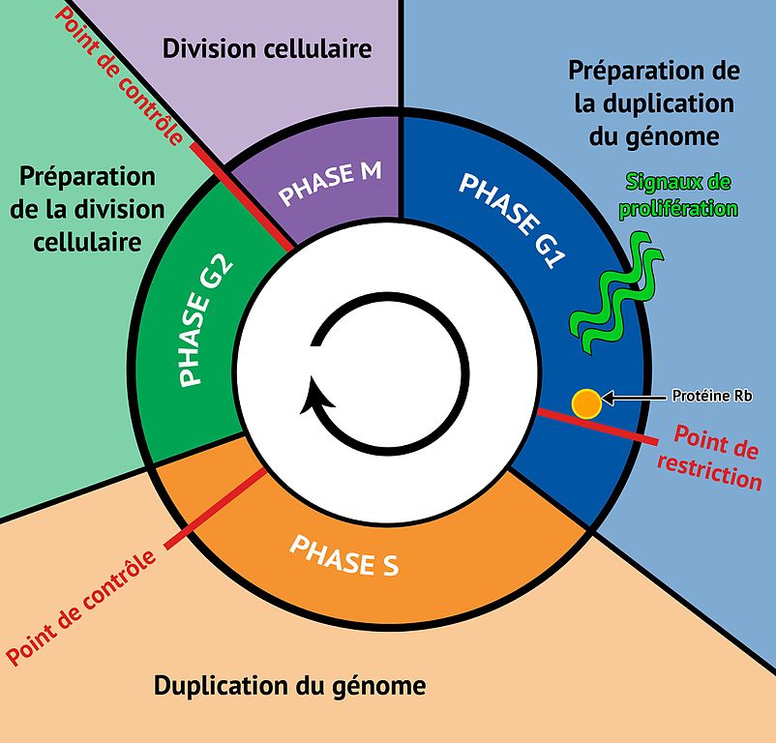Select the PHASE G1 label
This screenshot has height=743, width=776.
[512, 219]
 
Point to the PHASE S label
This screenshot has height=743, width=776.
[344, 554]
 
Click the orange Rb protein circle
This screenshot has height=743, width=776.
[586, 403]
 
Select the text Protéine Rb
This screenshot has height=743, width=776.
[712, 396]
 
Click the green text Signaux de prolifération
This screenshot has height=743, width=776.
[681, 195]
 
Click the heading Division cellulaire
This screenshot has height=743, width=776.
[267, 48]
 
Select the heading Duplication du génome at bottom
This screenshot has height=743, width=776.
[290, 686]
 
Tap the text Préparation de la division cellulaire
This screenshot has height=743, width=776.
[87, 209]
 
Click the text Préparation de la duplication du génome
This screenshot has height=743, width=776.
[654, 104]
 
